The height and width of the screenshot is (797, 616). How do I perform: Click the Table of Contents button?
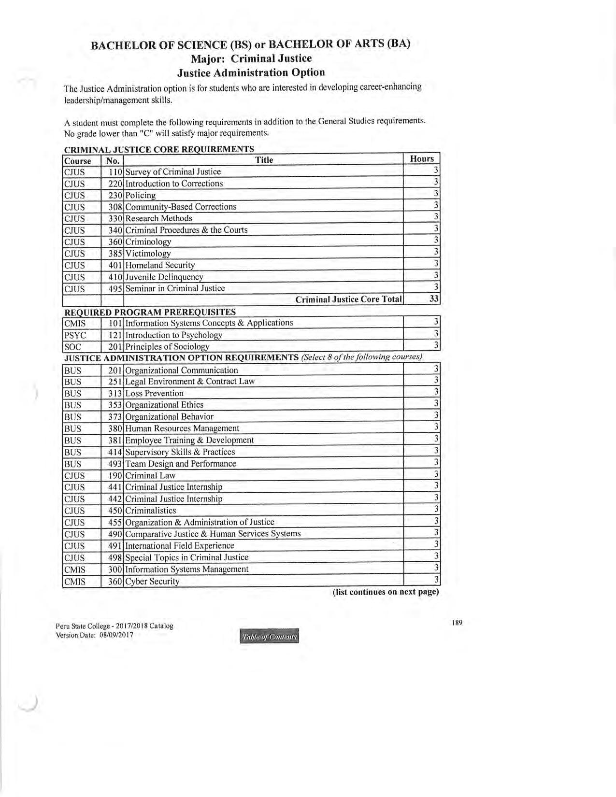point(269,637)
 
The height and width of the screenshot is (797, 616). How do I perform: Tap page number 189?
point(457,623)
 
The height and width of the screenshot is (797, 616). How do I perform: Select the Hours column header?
point(422,159)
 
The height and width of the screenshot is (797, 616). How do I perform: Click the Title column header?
point(264,160)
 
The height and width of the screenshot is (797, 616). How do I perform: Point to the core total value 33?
point(434,299)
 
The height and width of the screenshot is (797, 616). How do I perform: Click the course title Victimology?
point(148,254)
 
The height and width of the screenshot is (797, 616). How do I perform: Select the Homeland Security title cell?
point(160,265)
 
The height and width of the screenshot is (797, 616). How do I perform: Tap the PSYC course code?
point(75,335)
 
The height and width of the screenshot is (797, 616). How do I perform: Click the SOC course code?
point(72,347)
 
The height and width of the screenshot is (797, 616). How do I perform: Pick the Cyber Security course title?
point(152,582)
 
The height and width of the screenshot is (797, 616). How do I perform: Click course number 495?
point(115,288)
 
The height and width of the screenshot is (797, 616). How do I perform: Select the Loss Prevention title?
point(154,394)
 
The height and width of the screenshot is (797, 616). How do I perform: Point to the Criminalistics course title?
point(151,511)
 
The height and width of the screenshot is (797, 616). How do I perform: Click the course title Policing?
point(141,195)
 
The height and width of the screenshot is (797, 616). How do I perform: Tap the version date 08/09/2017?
point(116,635)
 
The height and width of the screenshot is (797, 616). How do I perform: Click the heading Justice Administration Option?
point(251,72)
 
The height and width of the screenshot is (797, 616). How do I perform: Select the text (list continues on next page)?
point(386,592)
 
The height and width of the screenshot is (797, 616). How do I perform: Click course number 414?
point(115,452)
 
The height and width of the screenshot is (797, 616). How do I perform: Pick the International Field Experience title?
point(180,546)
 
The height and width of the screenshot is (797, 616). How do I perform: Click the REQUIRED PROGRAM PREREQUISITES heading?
point(150,312)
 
